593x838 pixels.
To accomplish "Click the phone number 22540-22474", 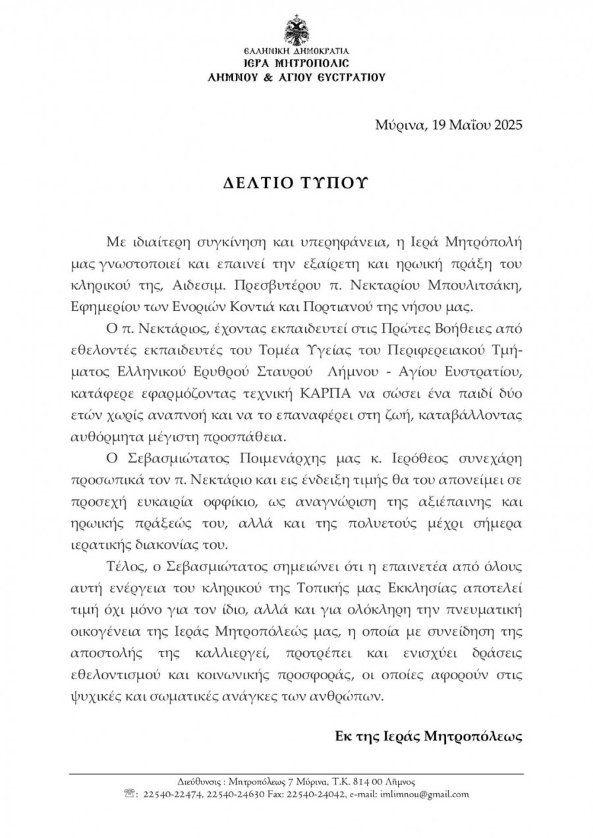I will (173, 795).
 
